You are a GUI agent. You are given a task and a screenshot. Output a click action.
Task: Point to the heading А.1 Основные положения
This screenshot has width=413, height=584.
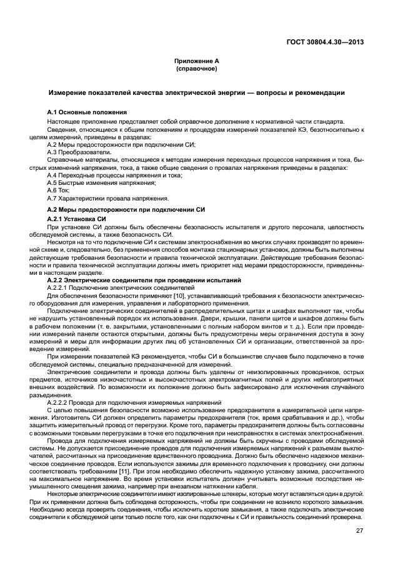pyautogui.click(x=79, y=111)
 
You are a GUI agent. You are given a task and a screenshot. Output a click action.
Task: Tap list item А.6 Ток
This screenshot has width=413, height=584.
pyautogui.click(x=59, y=191)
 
